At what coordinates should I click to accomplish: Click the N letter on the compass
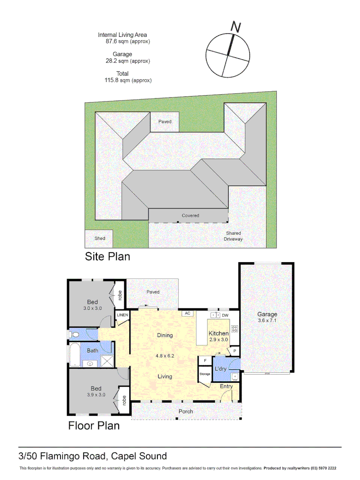(236, 27)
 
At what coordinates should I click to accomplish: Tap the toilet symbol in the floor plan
(75, 334)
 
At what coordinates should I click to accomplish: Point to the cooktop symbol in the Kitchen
(235, 329)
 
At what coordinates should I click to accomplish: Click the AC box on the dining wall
(188, 313)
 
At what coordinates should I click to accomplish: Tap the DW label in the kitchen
(225, 315)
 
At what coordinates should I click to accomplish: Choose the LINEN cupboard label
(122, 315)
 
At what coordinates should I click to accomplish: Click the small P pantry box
(234, 351)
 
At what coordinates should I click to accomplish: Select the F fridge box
(205, 360)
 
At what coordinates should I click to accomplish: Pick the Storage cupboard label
(204, 374)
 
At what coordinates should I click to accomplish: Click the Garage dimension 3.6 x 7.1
(267, 320)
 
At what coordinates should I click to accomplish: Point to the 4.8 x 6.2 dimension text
(165, 356)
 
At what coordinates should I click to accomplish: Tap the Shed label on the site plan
(100, 238)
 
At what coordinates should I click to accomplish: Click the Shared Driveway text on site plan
(234, 236)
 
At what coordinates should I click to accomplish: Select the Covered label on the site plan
(190, 216)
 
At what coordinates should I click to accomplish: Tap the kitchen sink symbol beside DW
(215, 315)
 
